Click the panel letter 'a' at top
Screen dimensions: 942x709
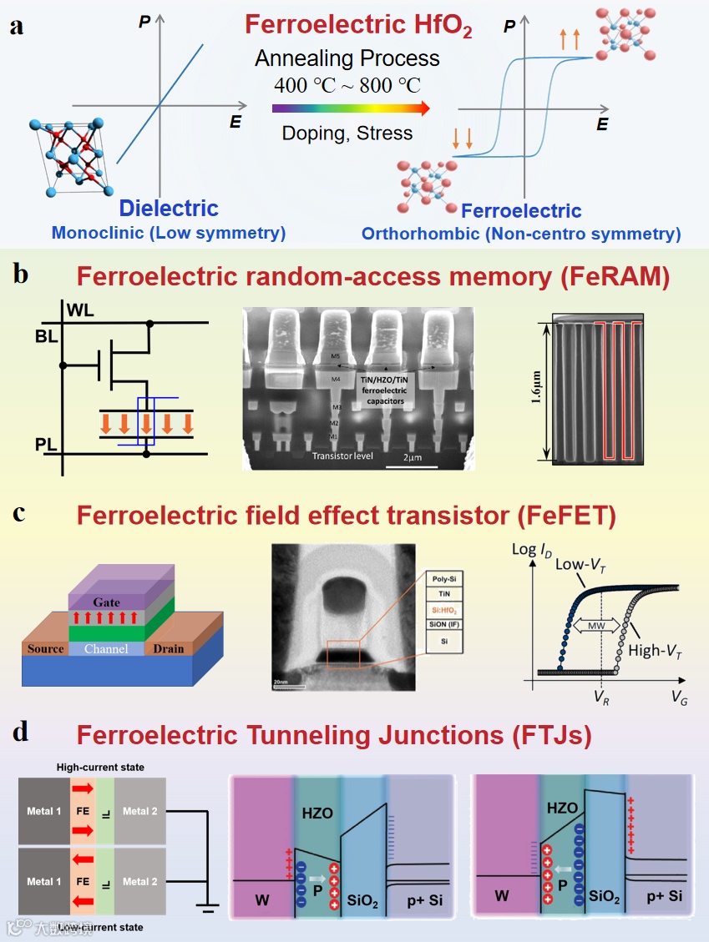pyautogui.click(x=17, y=26)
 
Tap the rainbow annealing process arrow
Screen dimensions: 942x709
pyautogui.click(x=351, y=108)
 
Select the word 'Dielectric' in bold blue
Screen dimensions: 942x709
pyautogui.click(x=169, y=209)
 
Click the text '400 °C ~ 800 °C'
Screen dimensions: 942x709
pyautogui.click(x=347, y=85)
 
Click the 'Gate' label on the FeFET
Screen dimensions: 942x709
pyautogui.click(x=107, y=602)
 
